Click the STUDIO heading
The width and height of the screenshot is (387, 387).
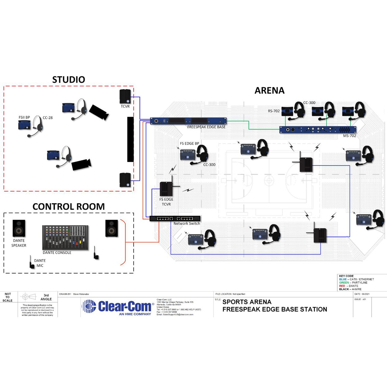(69, 80)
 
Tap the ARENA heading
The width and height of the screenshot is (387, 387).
(269, 90)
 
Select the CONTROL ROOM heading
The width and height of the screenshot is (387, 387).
(69, 207)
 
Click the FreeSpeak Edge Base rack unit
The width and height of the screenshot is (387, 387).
(188, 121)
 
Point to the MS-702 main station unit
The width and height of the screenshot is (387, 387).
(317, 130)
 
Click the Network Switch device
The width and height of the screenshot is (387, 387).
(175, 218)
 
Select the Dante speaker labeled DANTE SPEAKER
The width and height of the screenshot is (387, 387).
(19, 229)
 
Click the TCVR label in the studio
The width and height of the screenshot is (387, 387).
(125, 106)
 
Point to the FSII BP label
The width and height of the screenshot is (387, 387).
(24, 117)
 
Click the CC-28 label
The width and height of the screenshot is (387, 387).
(47, 118)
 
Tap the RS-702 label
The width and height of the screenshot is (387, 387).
(274, 111)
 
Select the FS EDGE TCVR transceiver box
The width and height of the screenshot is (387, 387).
(166, 189)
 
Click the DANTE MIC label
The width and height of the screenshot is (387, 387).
(40, 263)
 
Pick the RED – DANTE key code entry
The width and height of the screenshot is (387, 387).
(349, 286)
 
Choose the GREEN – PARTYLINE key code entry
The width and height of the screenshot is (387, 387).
(353, 282)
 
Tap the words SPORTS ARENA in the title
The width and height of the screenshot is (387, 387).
(247, 302)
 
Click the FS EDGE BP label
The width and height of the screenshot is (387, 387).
(190, 143)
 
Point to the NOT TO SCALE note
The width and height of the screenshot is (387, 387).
(8, 297)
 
